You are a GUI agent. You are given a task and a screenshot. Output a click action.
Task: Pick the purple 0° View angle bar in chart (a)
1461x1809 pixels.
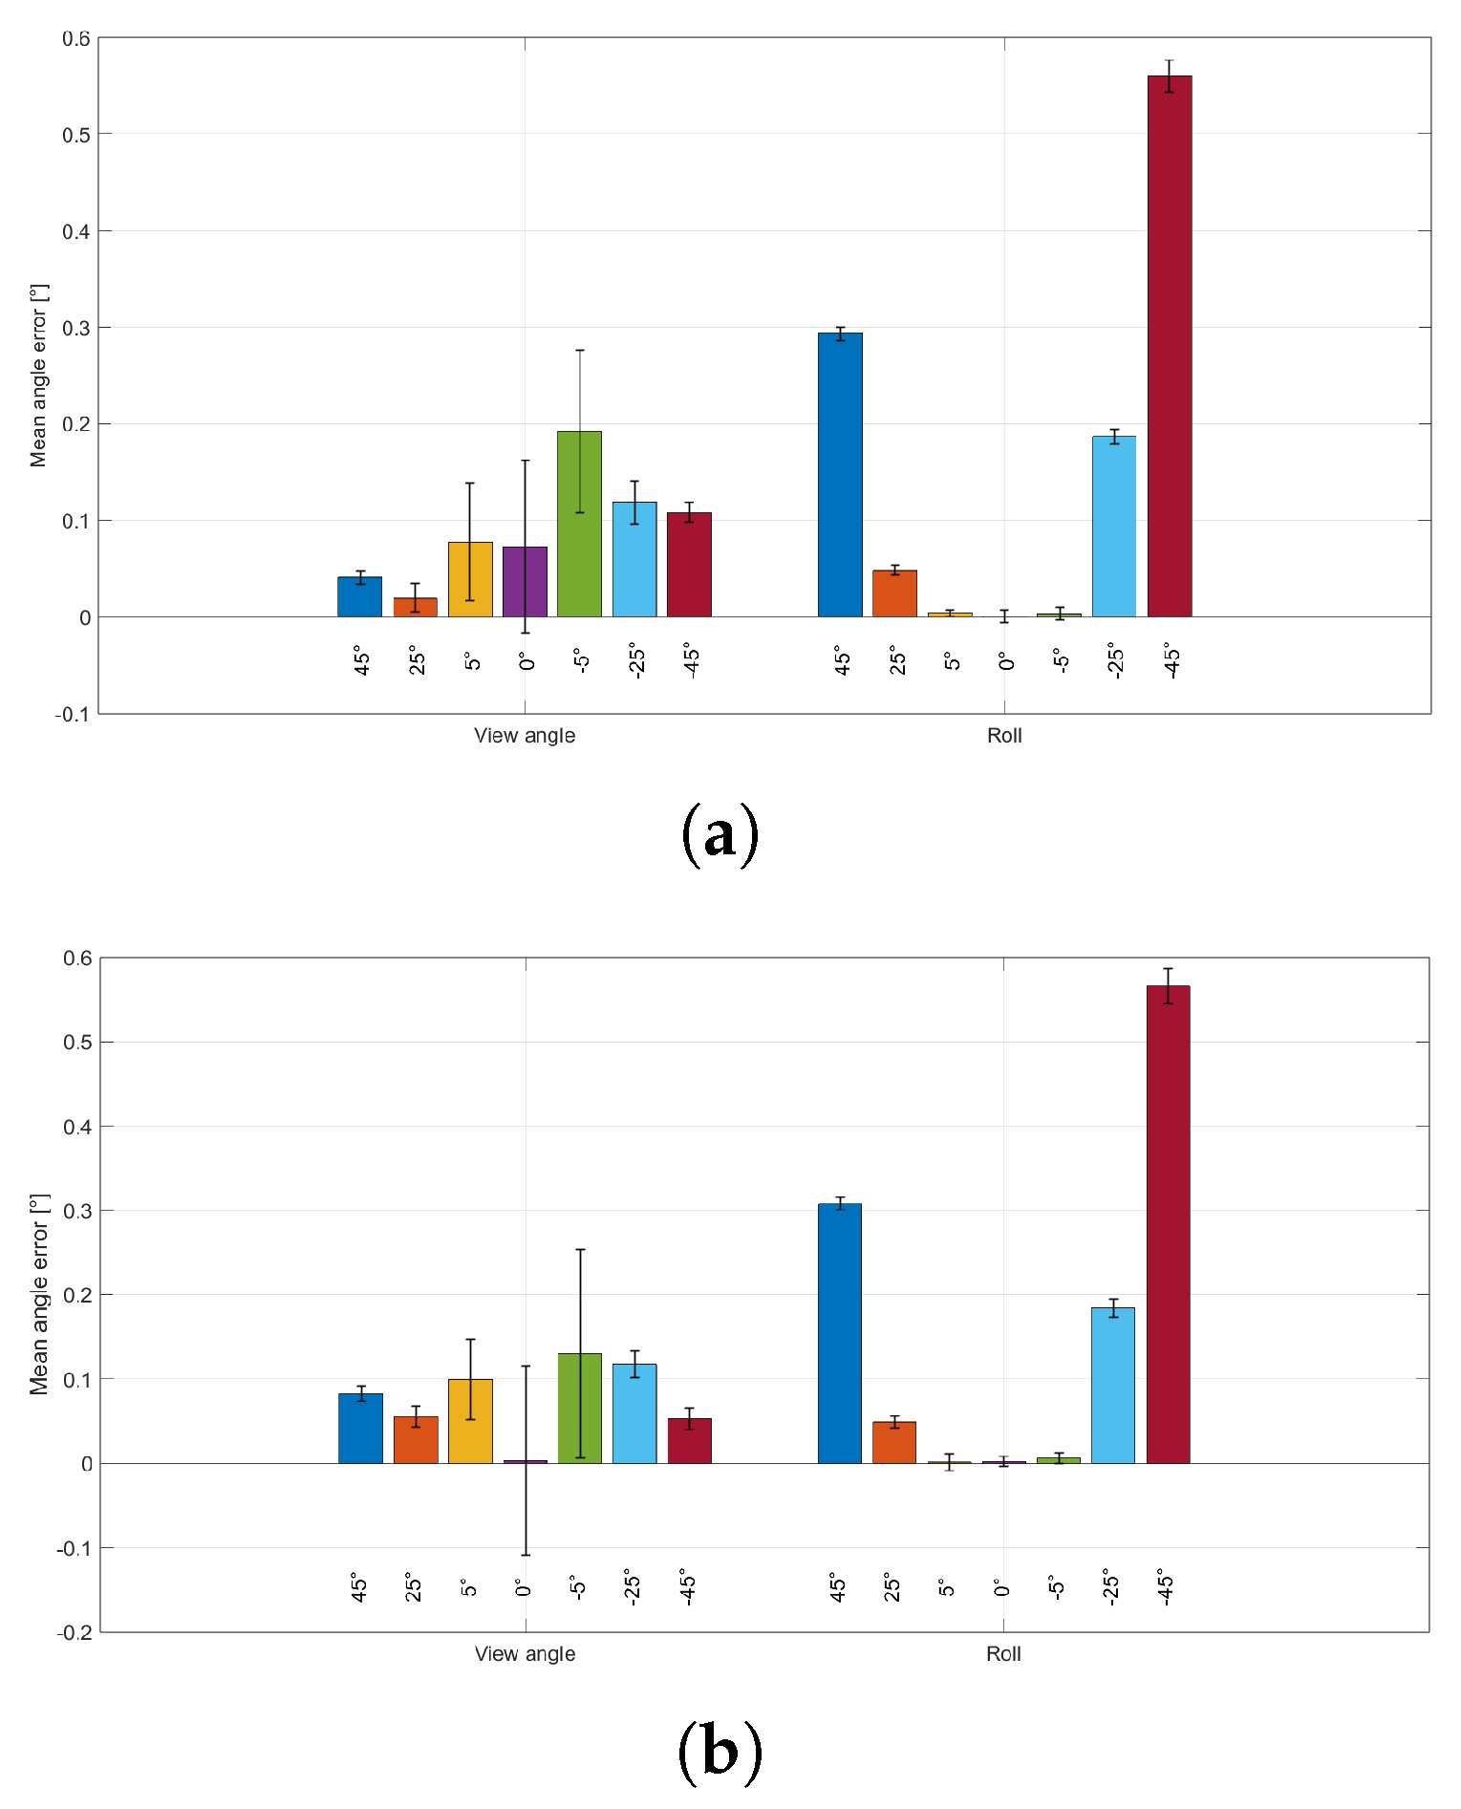pyautogui.click(x=525, y=582)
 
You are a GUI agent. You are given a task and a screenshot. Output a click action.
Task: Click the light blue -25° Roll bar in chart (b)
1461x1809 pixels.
pyautogui.click(x=1112, y=1385)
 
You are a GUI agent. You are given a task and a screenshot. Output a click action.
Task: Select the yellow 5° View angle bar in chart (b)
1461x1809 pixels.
pyautogui.click(x=470, y=1421)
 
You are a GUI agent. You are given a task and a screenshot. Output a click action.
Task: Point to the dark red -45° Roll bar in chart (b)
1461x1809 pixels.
pyautogui.click(x=1168, y=1224)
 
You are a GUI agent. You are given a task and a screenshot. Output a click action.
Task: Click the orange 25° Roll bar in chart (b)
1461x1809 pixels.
pyautogui.click(x=893, y=1442)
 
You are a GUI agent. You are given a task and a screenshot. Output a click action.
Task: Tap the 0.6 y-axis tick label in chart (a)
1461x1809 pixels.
pyautogui.click(x=76, y=39)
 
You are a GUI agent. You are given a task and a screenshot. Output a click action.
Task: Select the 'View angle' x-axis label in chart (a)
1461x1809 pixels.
pyautogui.click(x=525, y=736)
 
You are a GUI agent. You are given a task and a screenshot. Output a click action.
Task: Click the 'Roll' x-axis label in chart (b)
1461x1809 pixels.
pyautogui.click(x=1003, y=1654)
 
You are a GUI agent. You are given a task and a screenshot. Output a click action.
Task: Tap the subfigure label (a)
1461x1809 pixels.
pyautogui.click(x=720, y=835)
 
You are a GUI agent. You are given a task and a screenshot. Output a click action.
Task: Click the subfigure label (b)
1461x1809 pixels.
pyautogui.click(x=720, y=1753)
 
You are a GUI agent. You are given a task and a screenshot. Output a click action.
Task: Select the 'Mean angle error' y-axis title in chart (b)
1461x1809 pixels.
pyautogui.click(x=39, y=1294)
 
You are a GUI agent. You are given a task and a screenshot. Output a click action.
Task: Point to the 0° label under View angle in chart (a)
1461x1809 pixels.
pyautogui.click(x=526, y=660)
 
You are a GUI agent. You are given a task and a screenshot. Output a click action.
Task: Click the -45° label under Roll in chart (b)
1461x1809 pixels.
pyautogui.click(x=1165, y=1586)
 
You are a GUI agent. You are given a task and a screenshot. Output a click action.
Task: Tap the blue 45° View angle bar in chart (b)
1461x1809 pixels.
pyautogui.click(x=360, y=1428)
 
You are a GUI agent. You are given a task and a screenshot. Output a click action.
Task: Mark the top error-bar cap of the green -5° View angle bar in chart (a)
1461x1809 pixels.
pyautogui.click(x=579, y=351)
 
